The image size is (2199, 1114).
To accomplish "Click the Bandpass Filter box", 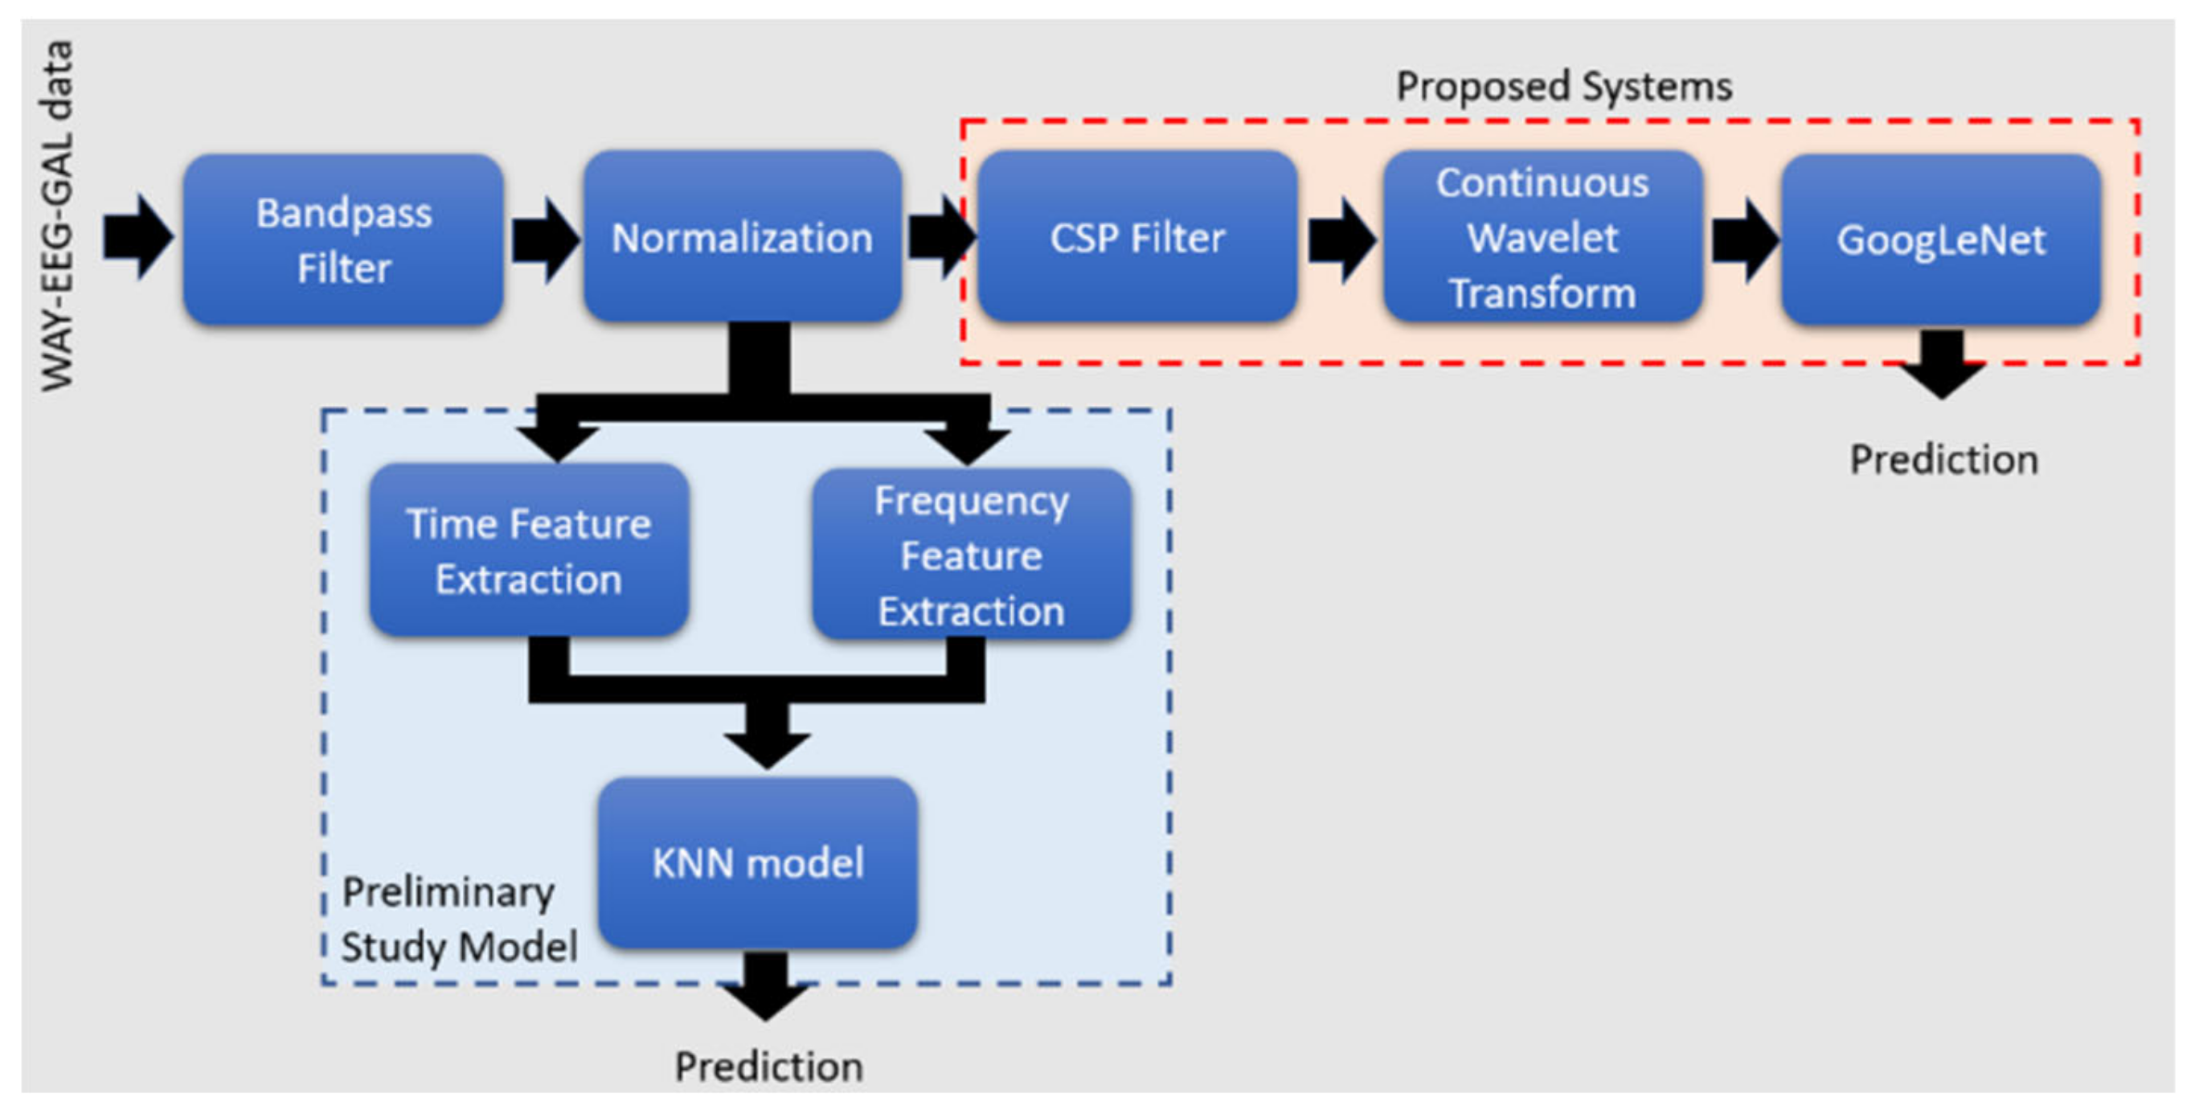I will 343,239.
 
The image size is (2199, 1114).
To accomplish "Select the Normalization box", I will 742,237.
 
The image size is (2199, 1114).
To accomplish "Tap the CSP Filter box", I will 1137,237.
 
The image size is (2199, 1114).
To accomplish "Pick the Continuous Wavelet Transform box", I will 1542,237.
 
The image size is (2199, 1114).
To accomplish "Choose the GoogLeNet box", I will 1940,240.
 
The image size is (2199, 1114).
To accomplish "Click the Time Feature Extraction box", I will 528,551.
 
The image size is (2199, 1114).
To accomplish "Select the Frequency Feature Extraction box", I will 972,555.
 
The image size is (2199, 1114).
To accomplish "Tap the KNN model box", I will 758,862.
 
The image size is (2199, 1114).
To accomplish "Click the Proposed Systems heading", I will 1563,86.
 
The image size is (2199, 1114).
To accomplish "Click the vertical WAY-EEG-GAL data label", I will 58,215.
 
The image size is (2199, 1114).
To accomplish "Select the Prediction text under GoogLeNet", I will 1943,459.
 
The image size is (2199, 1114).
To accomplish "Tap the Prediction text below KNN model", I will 768,1067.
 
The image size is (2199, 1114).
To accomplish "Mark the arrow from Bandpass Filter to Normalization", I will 545,240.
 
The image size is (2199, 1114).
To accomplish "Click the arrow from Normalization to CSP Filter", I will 940,236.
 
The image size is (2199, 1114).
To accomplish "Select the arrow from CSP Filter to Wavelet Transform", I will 1341,240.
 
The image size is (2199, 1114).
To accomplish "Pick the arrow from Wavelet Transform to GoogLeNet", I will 1744,240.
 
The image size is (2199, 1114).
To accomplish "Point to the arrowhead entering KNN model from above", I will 767,741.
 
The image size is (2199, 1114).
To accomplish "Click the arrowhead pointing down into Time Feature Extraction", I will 558,440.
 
